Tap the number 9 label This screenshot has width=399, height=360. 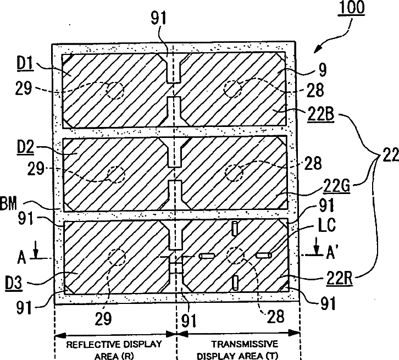coord(314,70)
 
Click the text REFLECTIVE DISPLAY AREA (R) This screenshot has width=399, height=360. coord(114,348)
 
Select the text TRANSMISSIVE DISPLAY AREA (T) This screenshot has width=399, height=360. coord(238,348)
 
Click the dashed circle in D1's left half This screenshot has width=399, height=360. coord(115,90)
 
